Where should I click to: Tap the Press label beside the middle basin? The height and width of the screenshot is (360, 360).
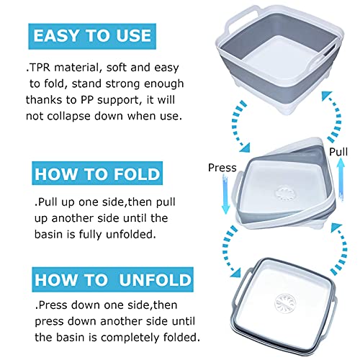pos(222,168)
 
